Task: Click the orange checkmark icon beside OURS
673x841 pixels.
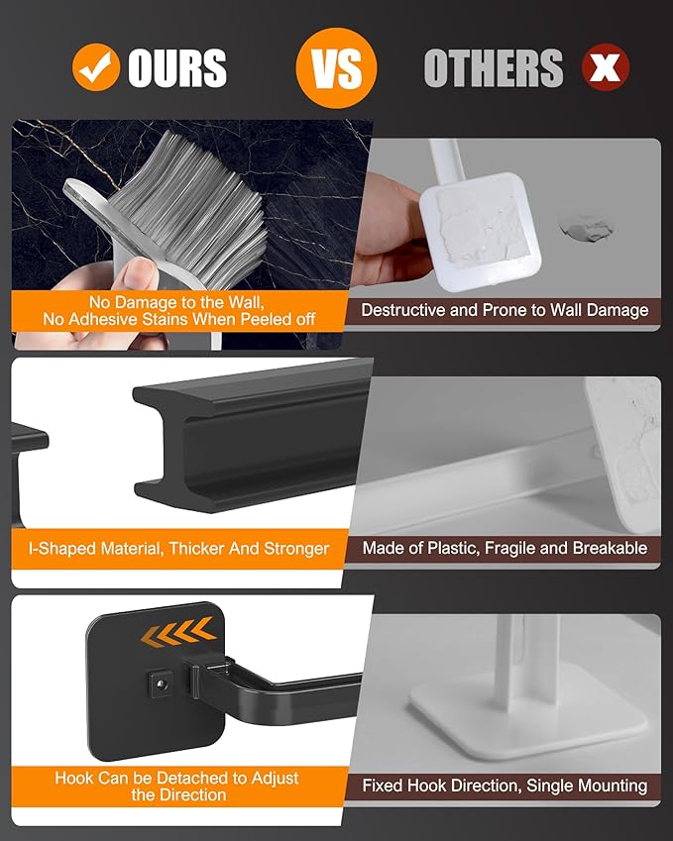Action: point(96,68)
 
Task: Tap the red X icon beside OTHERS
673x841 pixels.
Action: point(605,68)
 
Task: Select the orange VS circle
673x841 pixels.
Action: point(336,67)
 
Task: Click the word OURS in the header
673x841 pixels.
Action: point(177,68)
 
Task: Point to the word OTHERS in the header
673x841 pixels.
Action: point(493,68)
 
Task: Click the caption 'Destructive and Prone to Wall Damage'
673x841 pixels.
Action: point(505,310)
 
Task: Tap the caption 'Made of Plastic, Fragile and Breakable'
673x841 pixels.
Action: point(505,548)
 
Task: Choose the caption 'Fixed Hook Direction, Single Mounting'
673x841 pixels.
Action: point(505,786)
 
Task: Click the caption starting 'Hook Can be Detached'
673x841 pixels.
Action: point(176,786)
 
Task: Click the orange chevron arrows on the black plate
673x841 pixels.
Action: point(178,630)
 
